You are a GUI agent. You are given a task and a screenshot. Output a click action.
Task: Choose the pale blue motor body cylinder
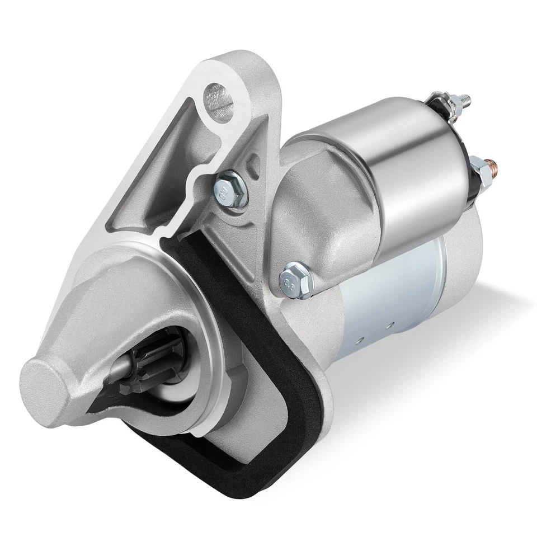[386, 296]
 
